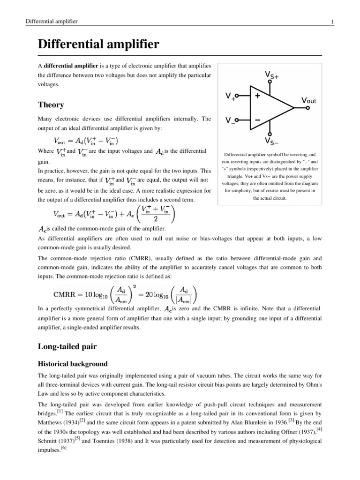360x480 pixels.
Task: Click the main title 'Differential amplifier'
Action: pos(98,45)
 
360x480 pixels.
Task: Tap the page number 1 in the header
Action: pos(332,22)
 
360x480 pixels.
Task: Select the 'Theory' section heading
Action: pos(51,105)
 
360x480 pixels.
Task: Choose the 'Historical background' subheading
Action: pos(73,364)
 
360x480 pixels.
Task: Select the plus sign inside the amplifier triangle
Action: pos(257,95)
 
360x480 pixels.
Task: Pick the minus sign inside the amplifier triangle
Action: pos(258,120)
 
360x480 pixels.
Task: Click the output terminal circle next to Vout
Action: pos(307,108)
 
